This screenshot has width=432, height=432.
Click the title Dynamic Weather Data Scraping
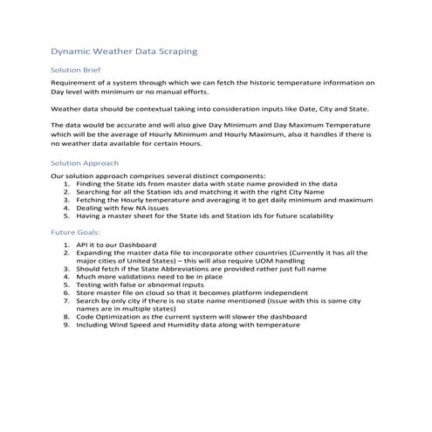(123, 52)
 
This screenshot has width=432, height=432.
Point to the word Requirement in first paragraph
(77, 82)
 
